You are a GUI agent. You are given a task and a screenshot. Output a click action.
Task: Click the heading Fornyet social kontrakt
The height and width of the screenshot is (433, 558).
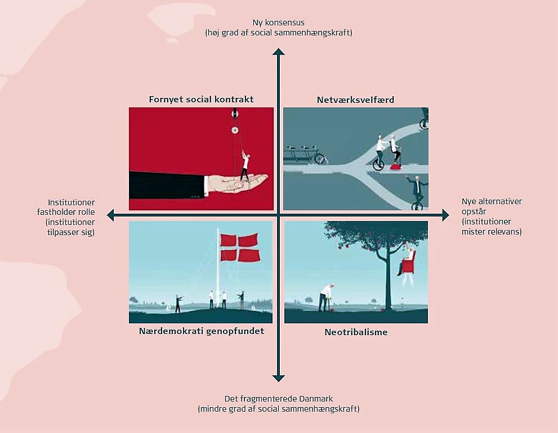click(x=201, y=100)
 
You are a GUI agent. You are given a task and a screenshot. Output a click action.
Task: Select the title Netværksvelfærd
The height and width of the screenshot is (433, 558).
click(x=355, y=100)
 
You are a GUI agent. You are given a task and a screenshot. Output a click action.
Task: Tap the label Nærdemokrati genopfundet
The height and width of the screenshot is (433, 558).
click(x=201, y=331)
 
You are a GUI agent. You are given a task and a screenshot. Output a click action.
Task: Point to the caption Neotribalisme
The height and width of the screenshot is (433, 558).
click(x=356, y=332)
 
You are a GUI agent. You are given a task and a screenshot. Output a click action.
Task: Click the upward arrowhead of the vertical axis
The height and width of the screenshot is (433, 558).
click(x=278, y=52)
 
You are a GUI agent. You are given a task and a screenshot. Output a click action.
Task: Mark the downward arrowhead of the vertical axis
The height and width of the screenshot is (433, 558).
click(x=278, y=378)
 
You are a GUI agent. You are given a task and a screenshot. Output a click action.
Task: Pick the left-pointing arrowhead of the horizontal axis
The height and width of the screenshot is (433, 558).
click(x=110, y=215)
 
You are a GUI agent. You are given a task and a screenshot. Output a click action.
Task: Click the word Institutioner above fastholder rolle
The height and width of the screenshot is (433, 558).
click(x=71, y=202)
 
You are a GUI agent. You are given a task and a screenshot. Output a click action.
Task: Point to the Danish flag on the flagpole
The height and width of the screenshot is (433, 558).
click(x=240, y=248)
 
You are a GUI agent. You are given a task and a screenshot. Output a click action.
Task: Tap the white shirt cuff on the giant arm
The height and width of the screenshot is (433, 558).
click(x=206, y=185)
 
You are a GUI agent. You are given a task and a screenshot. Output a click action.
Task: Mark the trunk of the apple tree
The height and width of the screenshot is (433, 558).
click(x=387, y=281)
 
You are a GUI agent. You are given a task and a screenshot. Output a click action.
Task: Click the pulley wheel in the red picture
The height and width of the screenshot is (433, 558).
click(x=235, y=130)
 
